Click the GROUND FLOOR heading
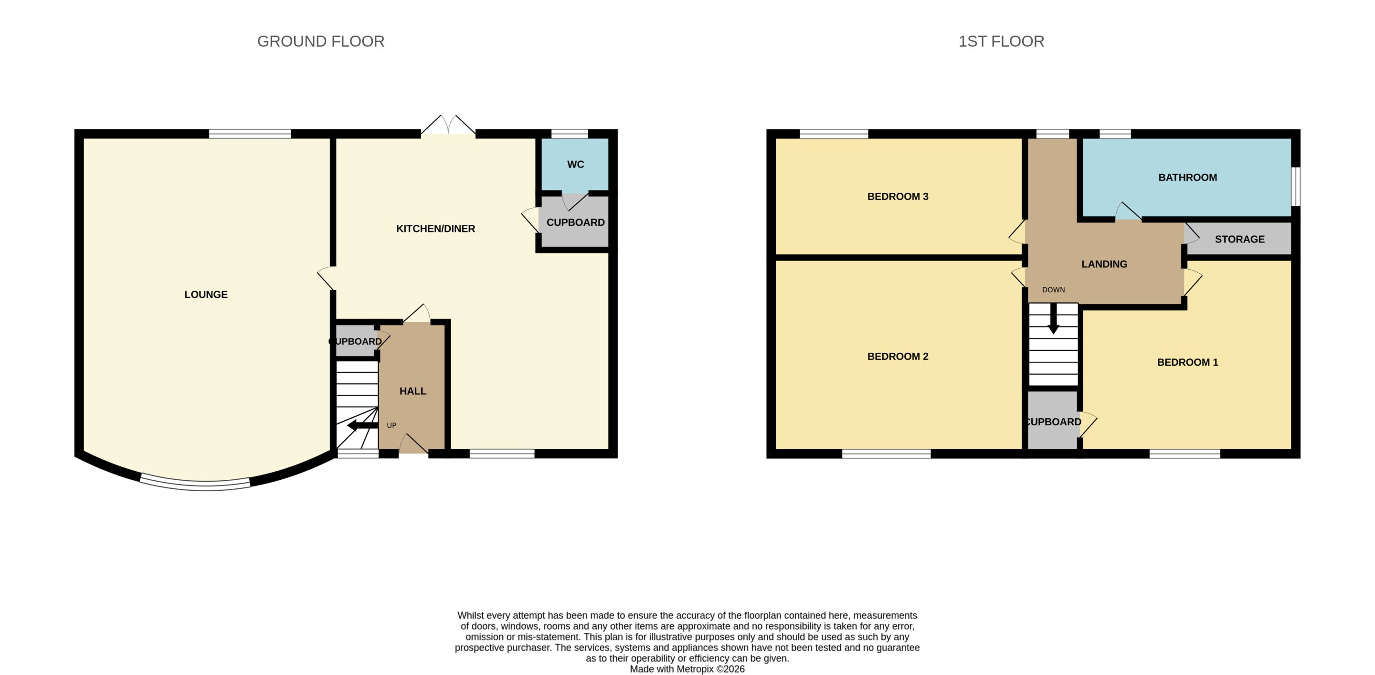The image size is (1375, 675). [321, 41]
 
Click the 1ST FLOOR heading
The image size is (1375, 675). [1001, 41]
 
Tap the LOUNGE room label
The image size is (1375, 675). [206, 295]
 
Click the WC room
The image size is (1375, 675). [575, 164]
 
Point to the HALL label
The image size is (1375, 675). [412, 391]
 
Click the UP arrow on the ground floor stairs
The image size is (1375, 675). [363, 425]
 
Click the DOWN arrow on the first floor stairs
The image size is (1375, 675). [1053, 318]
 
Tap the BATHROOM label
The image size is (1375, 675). [1188, 178]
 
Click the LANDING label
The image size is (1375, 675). [1104, 264]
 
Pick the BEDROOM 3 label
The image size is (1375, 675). [898, 196]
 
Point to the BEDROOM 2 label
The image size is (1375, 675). [898, 357]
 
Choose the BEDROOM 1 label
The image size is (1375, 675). [1188, 362]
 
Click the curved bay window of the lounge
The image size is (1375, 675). [195, 485]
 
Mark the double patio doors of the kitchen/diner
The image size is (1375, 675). [448, 126]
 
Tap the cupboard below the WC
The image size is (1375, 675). [575, 221]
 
